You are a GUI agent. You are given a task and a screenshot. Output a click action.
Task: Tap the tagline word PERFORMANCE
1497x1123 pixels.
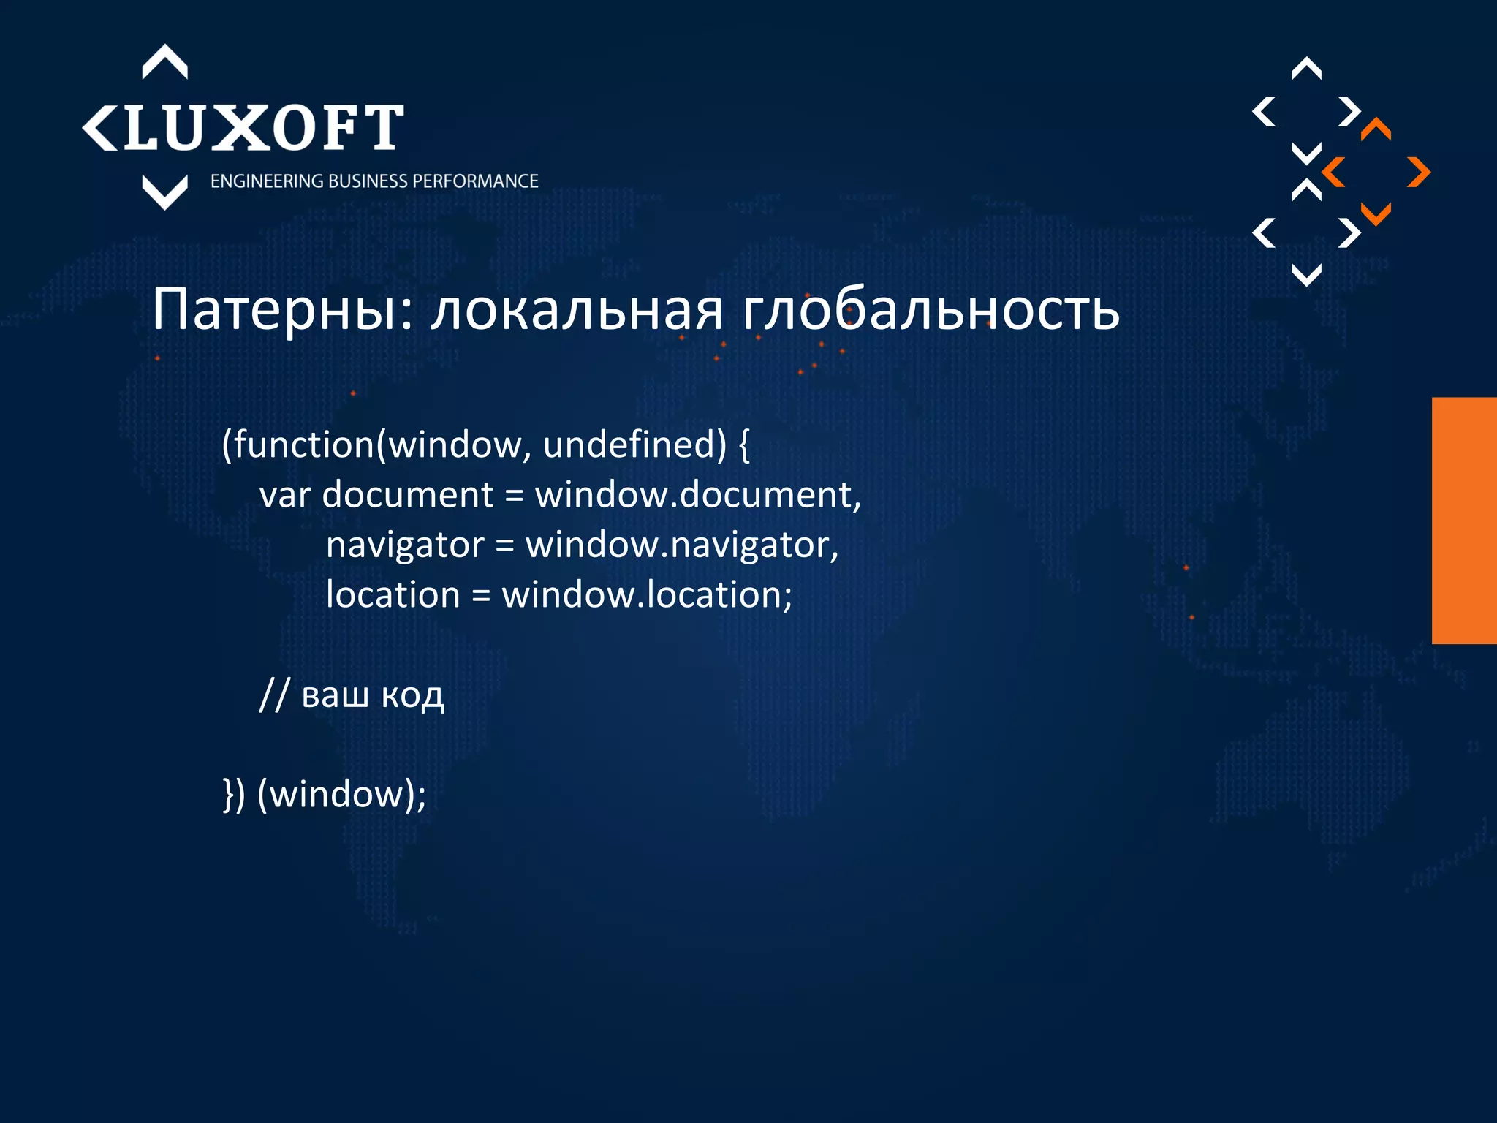tap(475, 181)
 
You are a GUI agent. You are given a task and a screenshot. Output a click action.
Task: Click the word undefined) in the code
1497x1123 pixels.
tap(634, 445)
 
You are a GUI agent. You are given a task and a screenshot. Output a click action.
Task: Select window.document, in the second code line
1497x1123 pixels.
tap(698, 495)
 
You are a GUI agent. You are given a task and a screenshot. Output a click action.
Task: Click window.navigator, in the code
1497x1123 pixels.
tap(682, 545)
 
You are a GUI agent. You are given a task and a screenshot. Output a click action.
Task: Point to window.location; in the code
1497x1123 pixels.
tap(647, 594)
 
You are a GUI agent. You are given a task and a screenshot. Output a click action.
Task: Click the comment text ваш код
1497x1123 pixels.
tap(373, 695)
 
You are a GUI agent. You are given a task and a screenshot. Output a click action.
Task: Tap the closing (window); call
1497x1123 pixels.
tap(341, 795)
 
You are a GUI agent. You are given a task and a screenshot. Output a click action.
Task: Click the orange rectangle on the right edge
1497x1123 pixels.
tap(1464, 521)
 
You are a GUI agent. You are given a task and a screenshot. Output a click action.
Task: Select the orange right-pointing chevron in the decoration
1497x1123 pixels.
tap(1418, 173)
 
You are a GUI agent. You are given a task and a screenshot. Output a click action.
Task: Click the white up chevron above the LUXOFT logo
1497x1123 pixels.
tap(164, 62)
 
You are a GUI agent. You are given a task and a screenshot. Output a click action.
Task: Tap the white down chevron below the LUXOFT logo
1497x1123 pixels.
tap(164, 192)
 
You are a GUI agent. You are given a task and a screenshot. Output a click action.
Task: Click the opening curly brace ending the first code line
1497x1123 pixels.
tap(744, 445)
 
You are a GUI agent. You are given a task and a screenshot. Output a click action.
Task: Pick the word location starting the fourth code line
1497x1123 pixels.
tap(393, 594)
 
